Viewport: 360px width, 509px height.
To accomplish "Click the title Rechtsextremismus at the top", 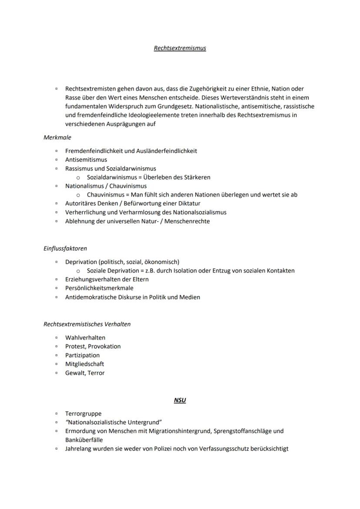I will (180, 48).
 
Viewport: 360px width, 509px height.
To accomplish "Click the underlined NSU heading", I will (180, 400).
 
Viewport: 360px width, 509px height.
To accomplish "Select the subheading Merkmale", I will (57, 137).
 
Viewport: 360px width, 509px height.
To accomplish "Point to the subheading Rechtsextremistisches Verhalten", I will (87, 324).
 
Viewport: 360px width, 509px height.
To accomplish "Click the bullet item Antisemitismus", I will (86, 160).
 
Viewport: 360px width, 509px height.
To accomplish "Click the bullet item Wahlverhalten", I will (85, 338).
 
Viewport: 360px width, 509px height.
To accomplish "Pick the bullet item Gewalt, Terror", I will (85, 373).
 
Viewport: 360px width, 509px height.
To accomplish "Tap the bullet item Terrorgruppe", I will (83, 414).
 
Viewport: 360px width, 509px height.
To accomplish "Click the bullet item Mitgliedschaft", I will (85, 364).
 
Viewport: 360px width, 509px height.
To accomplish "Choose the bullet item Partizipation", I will (82, 356).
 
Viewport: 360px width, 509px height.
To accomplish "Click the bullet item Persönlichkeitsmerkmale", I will (99, 288).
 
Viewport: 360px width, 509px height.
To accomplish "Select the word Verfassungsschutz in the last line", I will (220, 449).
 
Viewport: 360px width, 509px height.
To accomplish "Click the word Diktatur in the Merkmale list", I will (188, 203).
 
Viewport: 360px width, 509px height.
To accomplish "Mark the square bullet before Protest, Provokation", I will (57, 346).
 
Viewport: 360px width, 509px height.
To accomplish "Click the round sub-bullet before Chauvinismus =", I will (78, 195).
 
